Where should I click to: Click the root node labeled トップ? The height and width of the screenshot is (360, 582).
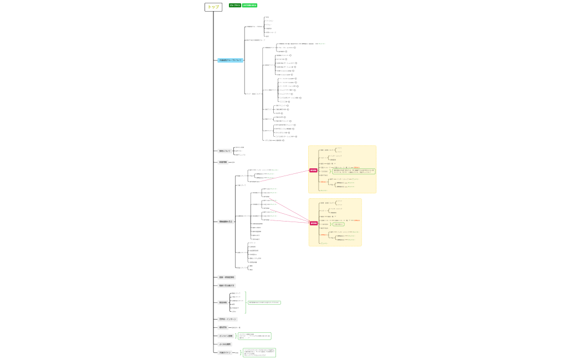[213, 7]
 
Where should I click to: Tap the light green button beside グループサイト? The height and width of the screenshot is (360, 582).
[249, 5]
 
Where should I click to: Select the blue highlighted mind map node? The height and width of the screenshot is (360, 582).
[230, 60]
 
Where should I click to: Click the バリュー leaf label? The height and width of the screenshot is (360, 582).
[268, 24]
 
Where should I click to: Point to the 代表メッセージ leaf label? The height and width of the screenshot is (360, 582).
[270, 32]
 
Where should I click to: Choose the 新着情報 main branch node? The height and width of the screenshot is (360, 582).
[223, 162]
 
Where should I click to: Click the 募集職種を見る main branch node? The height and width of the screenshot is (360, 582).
[226, 222]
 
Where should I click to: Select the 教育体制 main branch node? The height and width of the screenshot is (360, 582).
[223, 302]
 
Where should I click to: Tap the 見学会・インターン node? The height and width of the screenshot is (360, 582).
[227, 319]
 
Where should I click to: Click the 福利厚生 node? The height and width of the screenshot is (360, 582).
[223, 327]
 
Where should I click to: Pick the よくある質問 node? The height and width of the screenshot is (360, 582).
[225, 344]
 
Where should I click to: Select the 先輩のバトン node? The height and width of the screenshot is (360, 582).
[225, 352]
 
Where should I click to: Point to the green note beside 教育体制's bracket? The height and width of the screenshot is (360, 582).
[264, 302]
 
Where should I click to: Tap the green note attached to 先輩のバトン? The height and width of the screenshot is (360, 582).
[259, 352]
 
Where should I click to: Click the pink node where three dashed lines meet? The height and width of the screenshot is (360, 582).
[314, 223]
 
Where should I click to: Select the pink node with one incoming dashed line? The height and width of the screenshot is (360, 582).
[313, 170]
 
